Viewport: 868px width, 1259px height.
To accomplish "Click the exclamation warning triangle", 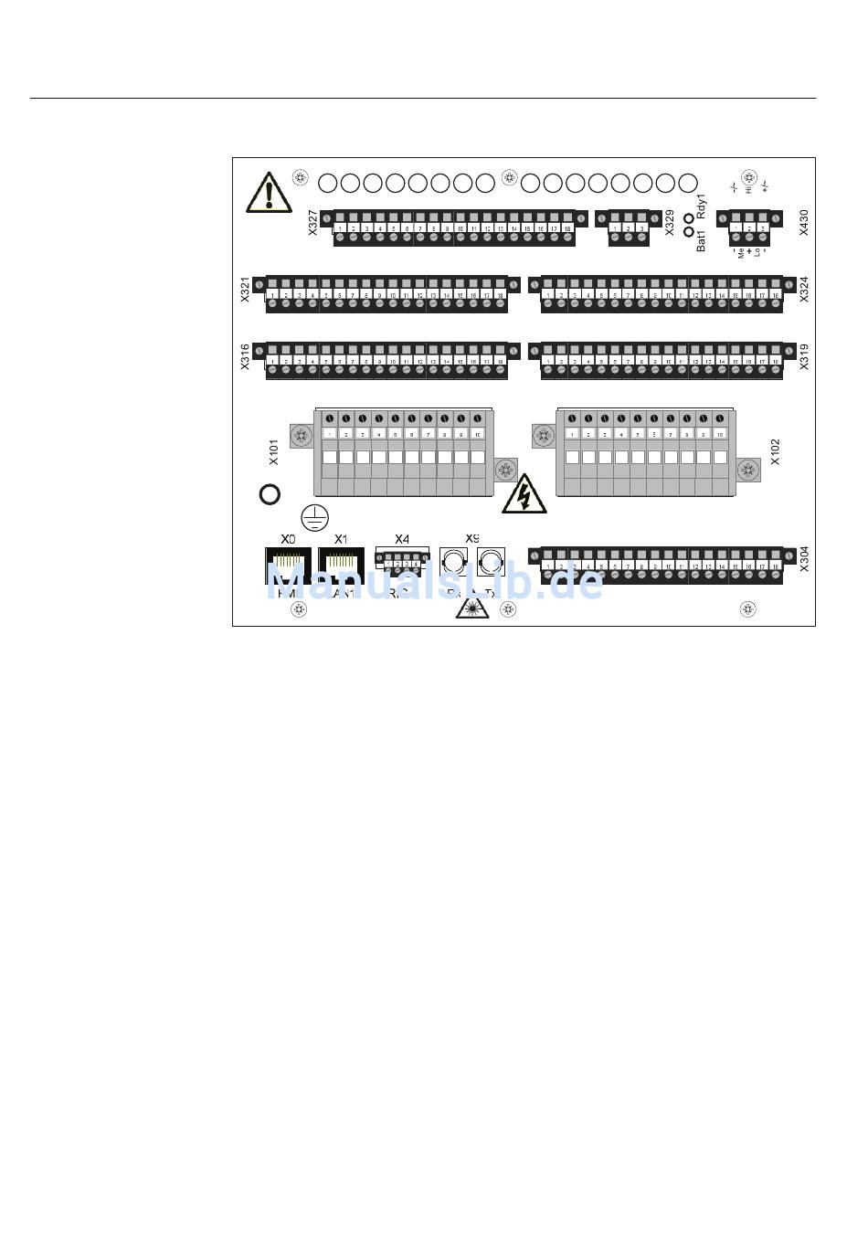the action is (x=269, y=193).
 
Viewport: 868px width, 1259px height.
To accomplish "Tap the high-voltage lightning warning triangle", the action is (x=524, y=495).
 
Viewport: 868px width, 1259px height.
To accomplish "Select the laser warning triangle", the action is (x=472, y=606).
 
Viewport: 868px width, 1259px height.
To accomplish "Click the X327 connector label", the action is (x=313, y=223).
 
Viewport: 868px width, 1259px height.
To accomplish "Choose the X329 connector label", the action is (x=670, y=223).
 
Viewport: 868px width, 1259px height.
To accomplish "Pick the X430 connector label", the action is (x=804, y=223).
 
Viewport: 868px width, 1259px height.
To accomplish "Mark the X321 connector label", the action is (x=245, y=290).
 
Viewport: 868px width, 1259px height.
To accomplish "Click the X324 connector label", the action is (x=804, y=290).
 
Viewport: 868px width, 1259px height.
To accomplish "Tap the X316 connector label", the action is (x=245, y=356).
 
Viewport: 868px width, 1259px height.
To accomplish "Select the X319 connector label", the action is (x=804, y=356).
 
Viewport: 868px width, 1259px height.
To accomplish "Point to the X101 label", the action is (x=274, y=452).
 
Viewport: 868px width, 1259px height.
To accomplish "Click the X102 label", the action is (x=776, y=452).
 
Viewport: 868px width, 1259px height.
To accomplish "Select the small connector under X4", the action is (x=401, y=560).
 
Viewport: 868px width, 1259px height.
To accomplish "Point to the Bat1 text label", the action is (x=702, y=239).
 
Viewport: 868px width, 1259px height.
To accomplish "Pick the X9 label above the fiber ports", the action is (x=472, y=538).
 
